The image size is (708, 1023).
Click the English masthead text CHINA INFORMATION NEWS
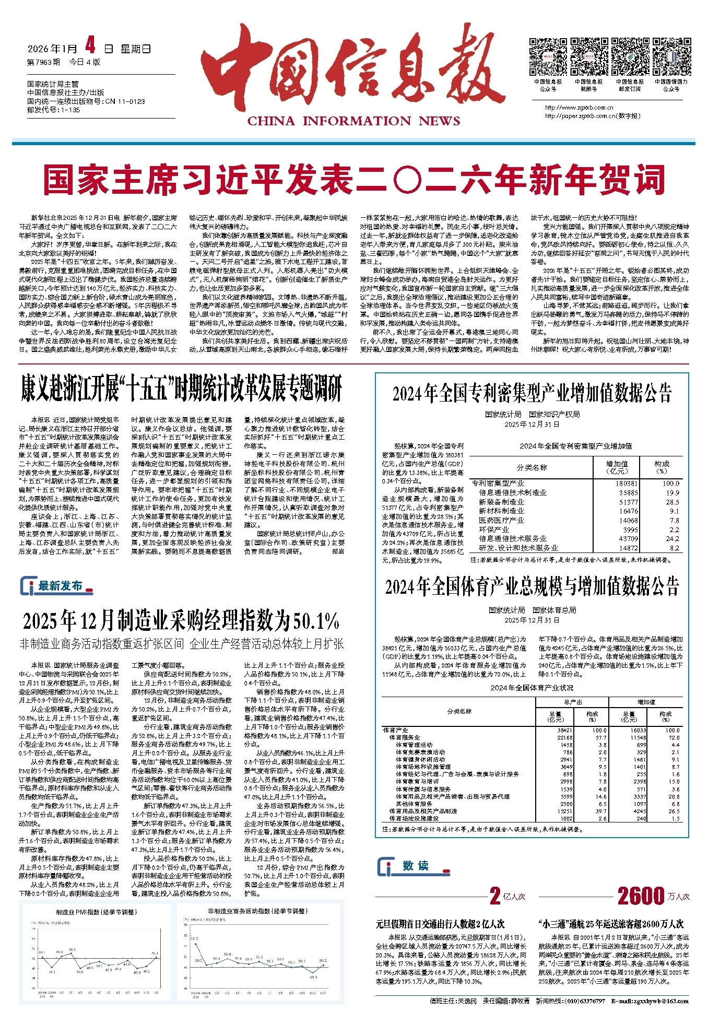click(353, 121)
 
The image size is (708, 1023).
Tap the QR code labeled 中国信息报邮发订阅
click(630, 57)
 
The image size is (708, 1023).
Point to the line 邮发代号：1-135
click(54, 110)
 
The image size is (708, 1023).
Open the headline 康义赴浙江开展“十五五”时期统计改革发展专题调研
click(181, 390)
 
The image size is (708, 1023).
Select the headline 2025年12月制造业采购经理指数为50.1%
click(181, 621)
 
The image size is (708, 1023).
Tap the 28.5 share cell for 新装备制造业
click(672, 502)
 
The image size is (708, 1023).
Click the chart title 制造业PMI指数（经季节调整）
click(96, 912)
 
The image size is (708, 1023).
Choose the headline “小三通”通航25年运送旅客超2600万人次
click(610, 924)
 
